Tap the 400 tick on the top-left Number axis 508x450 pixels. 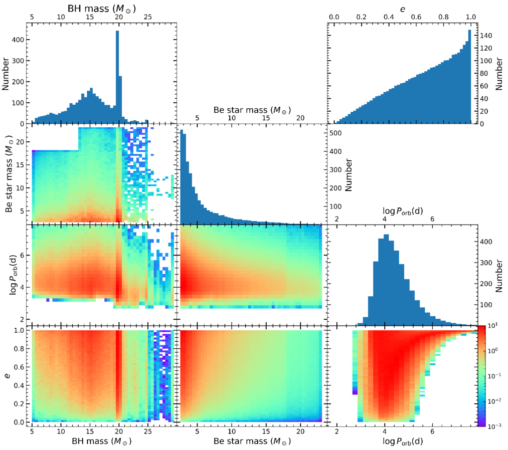pyautogui.click(x=20, y=40)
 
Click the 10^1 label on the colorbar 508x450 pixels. pyautogui.click(x=497, y=327)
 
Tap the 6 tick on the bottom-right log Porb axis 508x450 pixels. pyautogui.click(x=432, y=431)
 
